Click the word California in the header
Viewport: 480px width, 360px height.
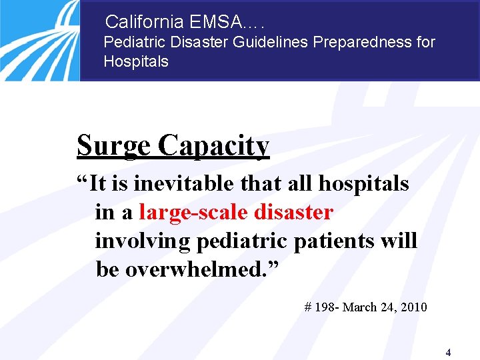145,22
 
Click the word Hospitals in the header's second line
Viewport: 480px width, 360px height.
136,62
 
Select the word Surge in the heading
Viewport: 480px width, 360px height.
113,145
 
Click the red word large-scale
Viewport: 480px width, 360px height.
193,212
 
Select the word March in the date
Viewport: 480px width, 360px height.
361,307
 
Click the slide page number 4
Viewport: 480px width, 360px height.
448,353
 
